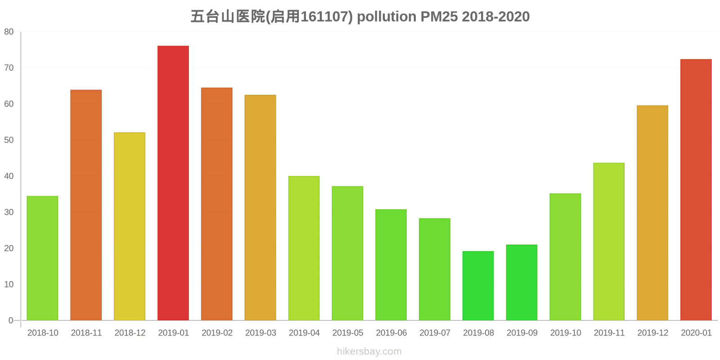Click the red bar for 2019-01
173,183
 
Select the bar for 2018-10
42,258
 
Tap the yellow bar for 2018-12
130,226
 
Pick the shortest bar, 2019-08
478,286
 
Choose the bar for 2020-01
696,190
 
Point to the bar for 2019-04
304,248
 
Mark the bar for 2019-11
609,242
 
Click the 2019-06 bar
391,265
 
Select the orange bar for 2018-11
86,205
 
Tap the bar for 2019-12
652,213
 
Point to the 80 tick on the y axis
9,32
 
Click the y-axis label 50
9,140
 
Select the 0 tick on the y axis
11,320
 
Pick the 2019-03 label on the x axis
261,333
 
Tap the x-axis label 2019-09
522,333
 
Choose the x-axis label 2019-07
435,333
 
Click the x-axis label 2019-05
348,333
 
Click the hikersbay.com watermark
369,351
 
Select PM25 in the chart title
439,17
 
